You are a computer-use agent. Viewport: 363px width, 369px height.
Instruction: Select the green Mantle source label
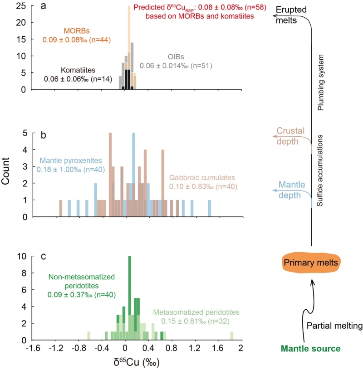click(x=310, y=349)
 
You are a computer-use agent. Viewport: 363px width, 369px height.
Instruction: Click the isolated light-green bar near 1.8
click(x=231, y=335)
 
